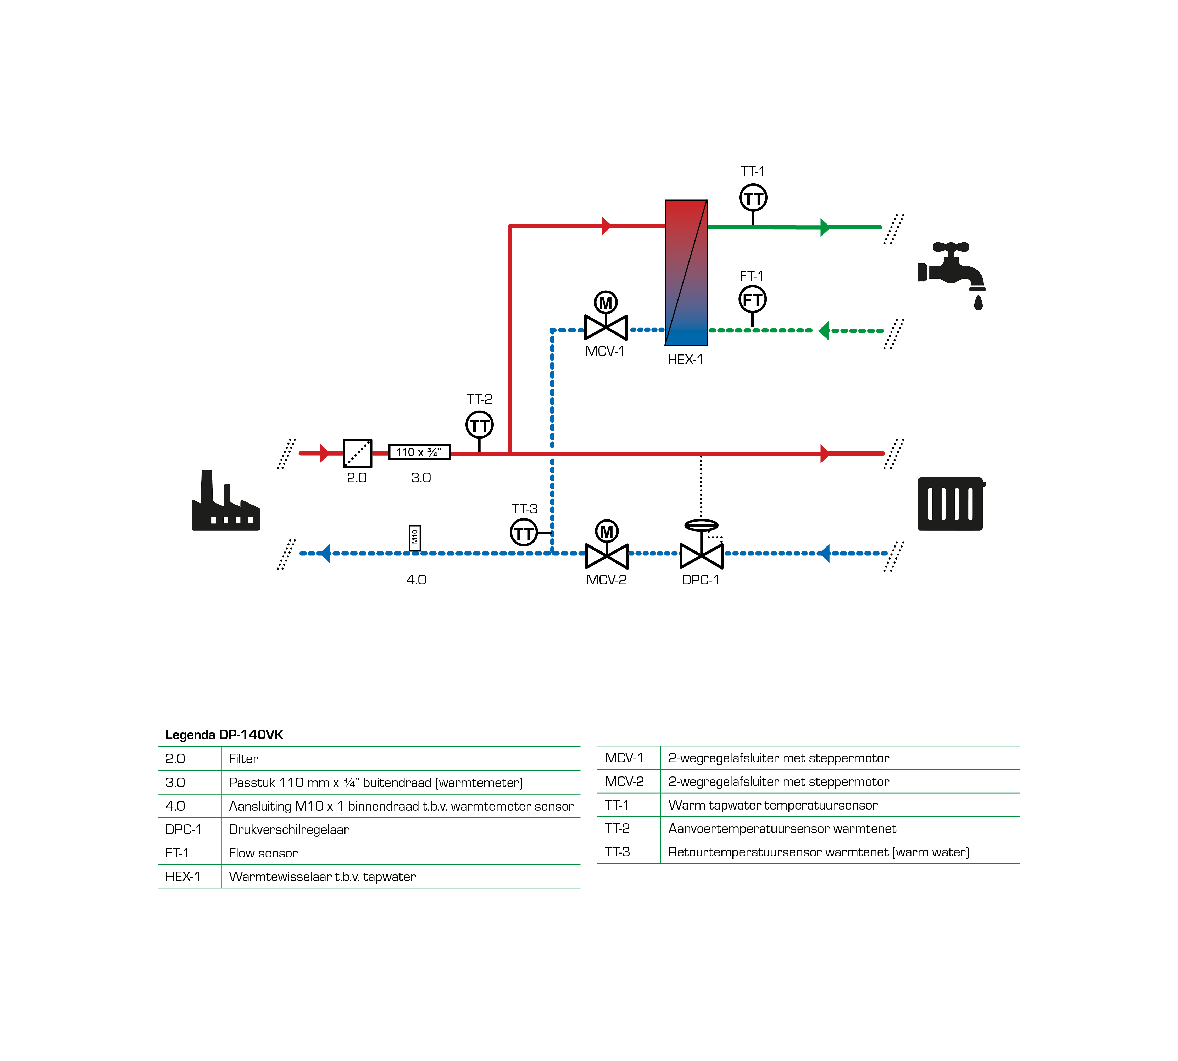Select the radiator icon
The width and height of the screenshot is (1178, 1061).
[x=950, y=504]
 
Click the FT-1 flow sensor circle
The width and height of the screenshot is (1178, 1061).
[x=752, y=300]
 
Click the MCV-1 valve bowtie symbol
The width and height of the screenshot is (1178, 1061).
[x=606, y=328]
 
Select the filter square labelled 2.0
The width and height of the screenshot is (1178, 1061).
[x=357, y=453]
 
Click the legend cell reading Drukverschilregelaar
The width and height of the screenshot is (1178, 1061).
[x=289, y=830]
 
